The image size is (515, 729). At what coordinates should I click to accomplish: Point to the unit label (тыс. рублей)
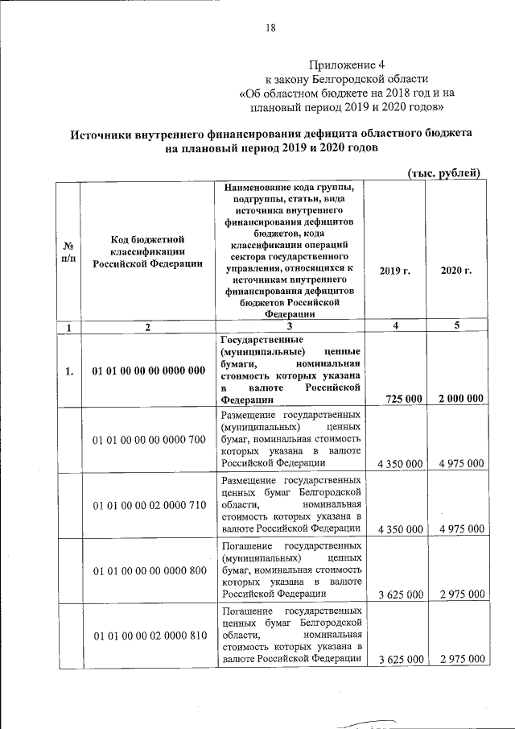point(444,172)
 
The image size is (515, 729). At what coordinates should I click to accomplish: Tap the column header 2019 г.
point(394,271)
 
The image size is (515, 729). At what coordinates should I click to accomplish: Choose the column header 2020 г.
point(456,271)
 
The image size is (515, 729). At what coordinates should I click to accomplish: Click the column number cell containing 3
point(289,327)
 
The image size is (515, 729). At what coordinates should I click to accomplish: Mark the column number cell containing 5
point(456,327)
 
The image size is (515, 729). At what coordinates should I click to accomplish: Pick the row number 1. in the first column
point(69,371)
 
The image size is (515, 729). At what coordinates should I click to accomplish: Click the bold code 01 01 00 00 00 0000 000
point(149,371)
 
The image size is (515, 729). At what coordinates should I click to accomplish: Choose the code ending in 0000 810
point(149,637)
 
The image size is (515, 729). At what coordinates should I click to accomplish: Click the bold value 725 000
point(399,398)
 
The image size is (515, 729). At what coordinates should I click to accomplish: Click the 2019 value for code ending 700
point(399,464)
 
